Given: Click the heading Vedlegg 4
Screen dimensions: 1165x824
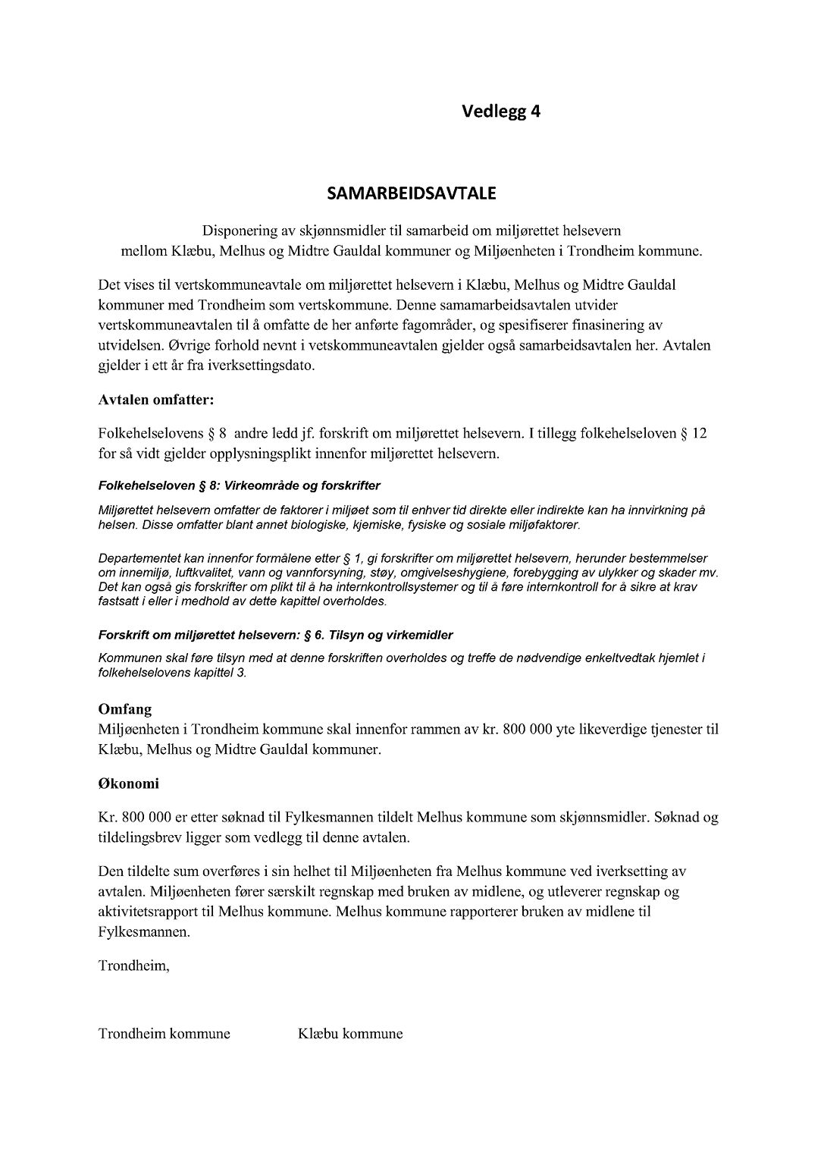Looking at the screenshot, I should click(x=501, y=111).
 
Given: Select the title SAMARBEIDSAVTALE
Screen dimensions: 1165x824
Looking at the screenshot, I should click(x=412, y=193).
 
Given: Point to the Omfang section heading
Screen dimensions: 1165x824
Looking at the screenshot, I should click(x=125, y=709).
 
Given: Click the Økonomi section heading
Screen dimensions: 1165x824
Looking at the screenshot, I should click(x=129, y=783).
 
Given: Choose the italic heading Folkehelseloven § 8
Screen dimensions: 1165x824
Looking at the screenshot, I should click(x=149, y=485).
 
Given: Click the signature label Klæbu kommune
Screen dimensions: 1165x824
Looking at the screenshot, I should click(x=351, y=1034).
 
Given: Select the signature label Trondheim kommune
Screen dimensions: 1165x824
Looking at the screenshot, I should click(x=164, y=1034).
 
